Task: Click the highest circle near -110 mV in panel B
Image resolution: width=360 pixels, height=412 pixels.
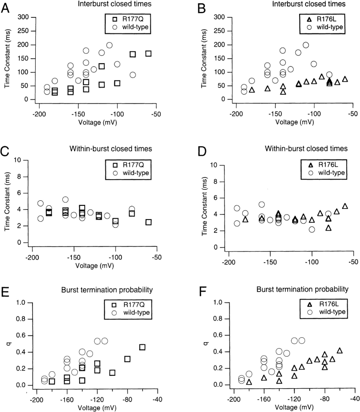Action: (306, 45)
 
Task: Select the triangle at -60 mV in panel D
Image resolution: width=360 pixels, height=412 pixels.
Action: (345, 207)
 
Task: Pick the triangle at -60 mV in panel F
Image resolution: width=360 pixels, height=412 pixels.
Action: (339, 351)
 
